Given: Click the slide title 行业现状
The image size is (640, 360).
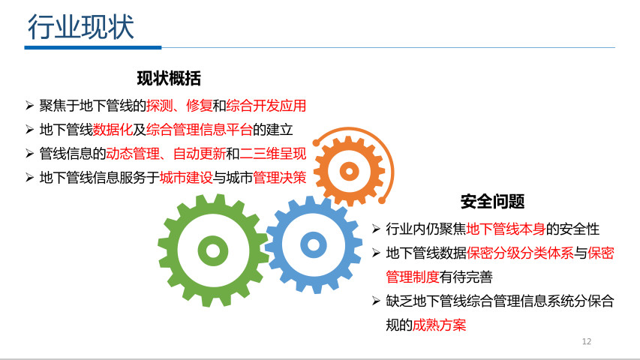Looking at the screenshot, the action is (81, 27).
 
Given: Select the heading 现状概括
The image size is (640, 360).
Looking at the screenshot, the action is (169, 78).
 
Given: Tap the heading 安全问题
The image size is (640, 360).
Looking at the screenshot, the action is (493, 201).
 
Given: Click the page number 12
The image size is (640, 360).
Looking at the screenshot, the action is (587, 341).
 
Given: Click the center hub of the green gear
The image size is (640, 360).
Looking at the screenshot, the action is (213, 250).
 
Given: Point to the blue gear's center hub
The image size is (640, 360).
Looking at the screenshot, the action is (313, 245).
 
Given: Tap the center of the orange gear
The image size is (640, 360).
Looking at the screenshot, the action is (350, 171).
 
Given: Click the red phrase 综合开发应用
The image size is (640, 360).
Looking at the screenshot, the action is (266, 106).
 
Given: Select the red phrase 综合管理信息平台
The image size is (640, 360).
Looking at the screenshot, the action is (199, 130).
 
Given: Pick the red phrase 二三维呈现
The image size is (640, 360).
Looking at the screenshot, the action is (272, 154).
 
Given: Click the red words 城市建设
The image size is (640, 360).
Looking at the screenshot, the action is (186, 178).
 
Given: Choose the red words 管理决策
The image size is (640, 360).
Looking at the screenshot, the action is (280, 178).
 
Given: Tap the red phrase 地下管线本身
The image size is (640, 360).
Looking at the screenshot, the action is (506, 229).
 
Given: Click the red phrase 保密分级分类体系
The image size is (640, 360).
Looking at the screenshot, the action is (520, 253).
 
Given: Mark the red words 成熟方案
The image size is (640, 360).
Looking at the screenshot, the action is (439, 325).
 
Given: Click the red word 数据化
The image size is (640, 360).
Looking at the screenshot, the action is (113, 130).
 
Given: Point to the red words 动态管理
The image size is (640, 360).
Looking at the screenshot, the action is (133, 154).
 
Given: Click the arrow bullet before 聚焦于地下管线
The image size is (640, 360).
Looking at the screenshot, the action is (29, 106).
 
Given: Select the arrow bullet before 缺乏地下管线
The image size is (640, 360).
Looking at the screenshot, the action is (377, 301).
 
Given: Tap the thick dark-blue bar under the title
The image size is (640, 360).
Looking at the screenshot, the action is (93, 48).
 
